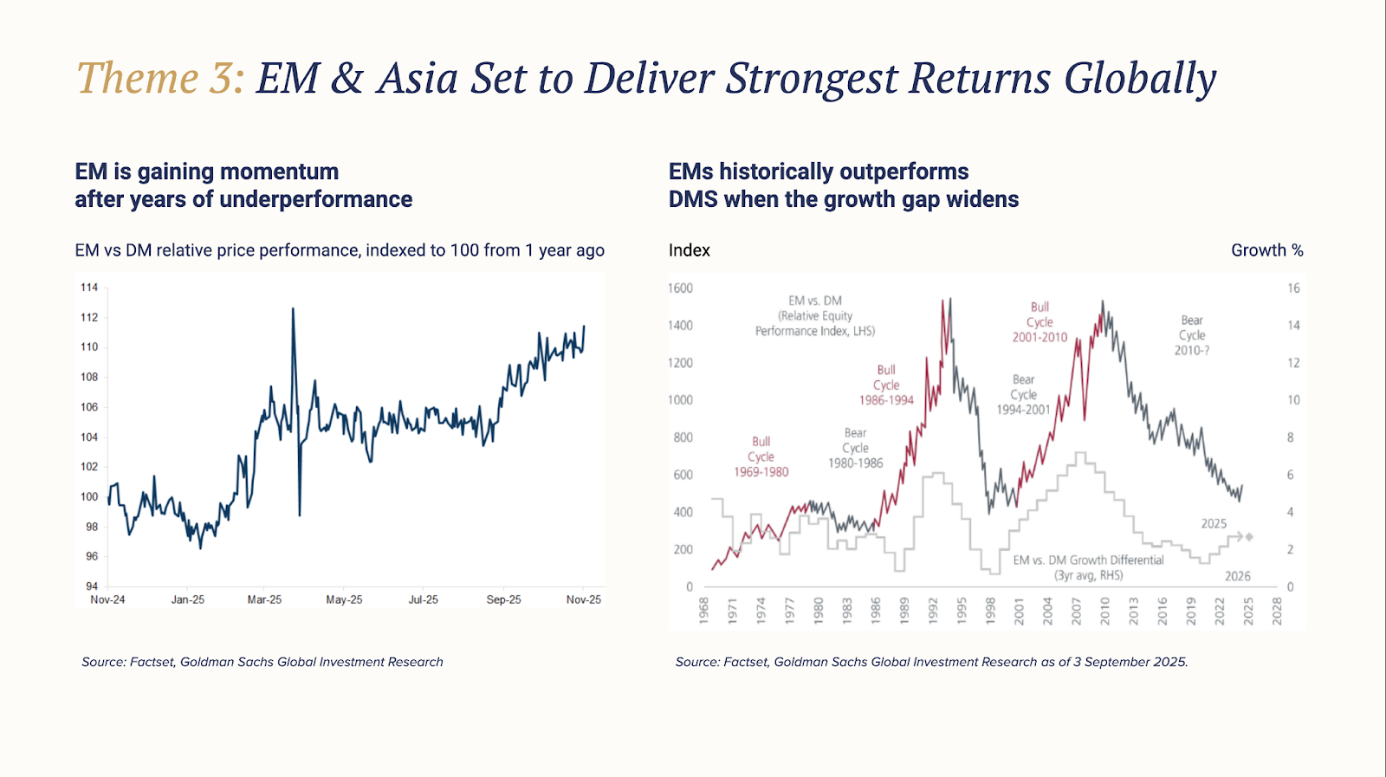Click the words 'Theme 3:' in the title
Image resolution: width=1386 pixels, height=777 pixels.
[x=160, y=78]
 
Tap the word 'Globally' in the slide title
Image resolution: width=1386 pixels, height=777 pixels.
[x=1140, y=80]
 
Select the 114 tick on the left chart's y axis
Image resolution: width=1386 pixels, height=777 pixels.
[x=89, y=288]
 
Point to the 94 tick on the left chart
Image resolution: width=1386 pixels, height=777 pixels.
[x=91, y=586]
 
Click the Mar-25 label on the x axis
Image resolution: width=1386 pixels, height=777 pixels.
[x=264, y=599]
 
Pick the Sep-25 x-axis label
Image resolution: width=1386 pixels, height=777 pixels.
[x=503, y=599]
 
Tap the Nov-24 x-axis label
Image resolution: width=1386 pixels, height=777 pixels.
[x=107, y=599]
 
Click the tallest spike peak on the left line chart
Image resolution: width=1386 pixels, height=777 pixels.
[x=293, y=309]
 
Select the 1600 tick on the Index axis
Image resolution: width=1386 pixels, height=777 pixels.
[x=680, y=288]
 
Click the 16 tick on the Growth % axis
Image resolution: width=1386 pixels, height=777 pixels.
[x=1293, y=288]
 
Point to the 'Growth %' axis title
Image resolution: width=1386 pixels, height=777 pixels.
[x=1266, y=250]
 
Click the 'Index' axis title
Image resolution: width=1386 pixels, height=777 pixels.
[x=689, y=250]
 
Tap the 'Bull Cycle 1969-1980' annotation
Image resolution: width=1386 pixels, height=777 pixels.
[x=761, y=456]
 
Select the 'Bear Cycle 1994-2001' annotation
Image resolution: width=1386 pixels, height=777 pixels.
[x=1023, y=395]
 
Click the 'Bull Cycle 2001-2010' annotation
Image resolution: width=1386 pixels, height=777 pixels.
[x=1039, y=322]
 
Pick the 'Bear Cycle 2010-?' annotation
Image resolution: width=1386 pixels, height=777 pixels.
[x=1192, y=335]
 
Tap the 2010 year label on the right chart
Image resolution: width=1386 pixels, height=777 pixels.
[x=1105, y=611]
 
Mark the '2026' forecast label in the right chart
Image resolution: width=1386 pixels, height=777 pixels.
[x=1237, y=576]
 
